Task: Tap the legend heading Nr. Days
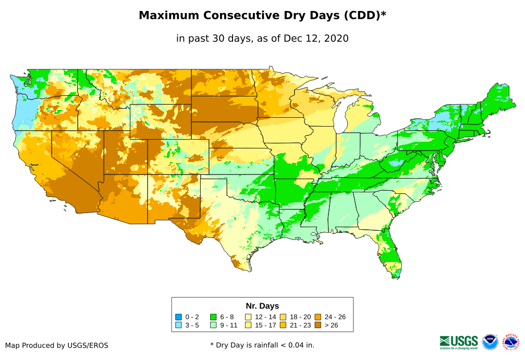click(x=262, y=306)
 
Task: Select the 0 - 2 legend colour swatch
click(x=179, y=317)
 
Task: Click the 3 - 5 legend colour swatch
click(x=179, y=325)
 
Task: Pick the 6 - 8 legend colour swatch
click(x=213, y=317)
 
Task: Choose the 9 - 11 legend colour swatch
click(x=213, y=325)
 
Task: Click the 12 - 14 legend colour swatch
click(x=249, y=317)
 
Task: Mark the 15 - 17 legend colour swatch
click(x=249, y=325)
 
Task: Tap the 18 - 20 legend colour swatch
click(x=283, y=317)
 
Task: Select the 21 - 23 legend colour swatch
click(x=283, y=325)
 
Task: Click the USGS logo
click(x=459, y=342)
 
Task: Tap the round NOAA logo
click(x=490, y=342)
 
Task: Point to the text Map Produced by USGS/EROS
click(x=57, y=345)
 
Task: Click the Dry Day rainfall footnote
click(x=262, y=345)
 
